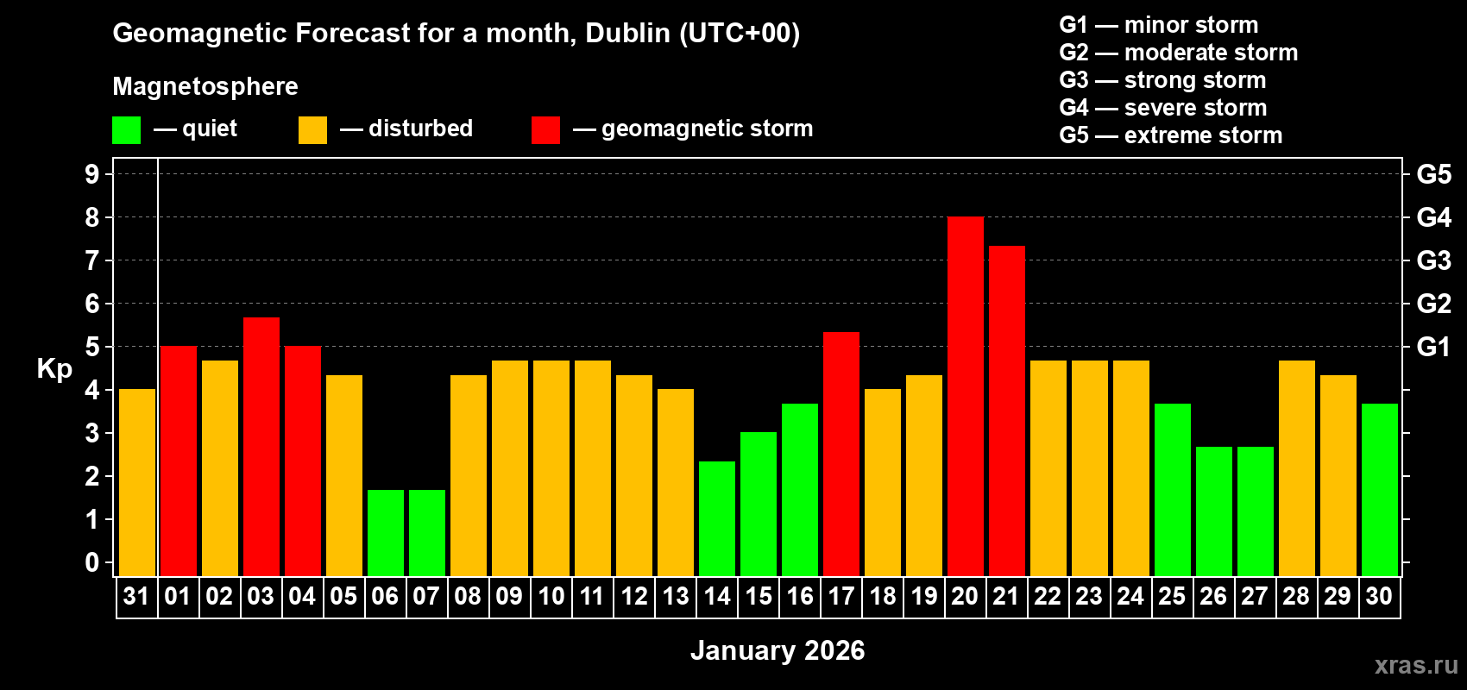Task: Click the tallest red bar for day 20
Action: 965,397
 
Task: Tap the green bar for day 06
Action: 386,533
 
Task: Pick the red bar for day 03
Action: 261,447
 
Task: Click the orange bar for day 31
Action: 136,483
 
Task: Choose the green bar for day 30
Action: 1379,490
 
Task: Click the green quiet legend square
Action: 126,130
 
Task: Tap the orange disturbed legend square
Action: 312,130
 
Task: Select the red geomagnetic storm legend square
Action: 545,130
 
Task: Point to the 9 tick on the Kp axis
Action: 92,174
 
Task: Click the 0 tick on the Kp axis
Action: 92,563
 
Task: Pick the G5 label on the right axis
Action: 1433,174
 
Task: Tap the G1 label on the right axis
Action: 1433,347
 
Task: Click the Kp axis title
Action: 54,369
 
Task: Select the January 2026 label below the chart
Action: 777,650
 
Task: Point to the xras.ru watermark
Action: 1415,665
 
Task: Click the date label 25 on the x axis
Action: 1172,596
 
